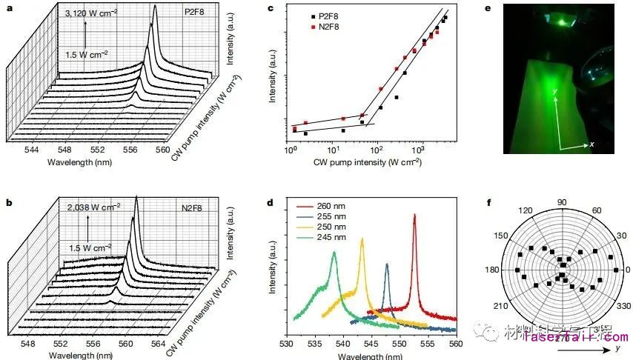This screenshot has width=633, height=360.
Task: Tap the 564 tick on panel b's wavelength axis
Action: tap(155, 344)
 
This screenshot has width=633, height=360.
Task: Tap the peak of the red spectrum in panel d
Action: tap(414, 215)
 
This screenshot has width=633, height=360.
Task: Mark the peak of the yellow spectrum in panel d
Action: tap(362, 239)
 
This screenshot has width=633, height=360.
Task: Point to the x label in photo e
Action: tap(591, 144)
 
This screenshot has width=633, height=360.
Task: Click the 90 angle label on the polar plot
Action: tap(562, 202)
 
